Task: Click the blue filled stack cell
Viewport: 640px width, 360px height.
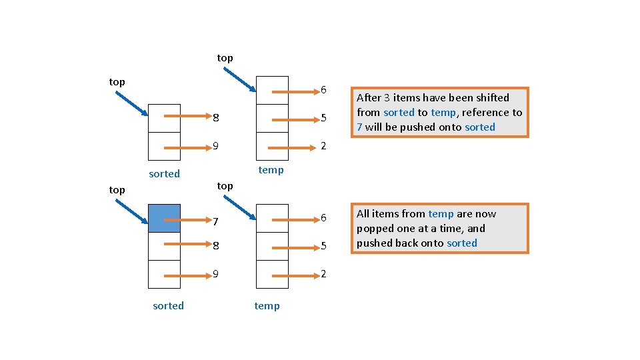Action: point(164,218)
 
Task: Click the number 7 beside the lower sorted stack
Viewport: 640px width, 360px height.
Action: point(215,221)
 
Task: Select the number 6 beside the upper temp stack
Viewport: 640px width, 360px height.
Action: point(323,90)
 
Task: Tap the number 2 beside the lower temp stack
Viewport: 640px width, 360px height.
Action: point(323,274)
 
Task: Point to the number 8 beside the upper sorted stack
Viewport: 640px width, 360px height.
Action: point(215,119)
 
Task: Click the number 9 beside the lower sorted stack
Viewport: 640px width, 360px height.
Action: point(215,274)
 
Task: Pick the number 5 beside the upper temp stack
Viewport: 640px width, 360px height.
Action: point(323,119)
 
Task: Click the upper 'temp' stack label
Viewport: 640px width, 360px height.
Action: point(271,170)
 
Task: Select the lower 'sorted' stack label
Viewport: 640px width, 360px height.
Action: point(168,306)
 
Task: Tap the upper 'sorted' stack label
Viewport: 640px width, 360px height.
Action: point(164,174)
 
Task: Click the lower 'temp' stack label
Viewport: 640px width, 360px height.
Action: point(267,306)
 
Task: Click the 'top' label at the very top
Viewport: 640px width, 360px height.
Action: point(225,58)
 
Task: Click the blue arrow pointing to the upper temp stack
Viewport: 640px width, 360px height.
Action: point(240,78)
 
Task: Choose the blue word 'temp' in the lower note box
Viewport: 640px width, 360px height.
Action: point(441,214)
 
